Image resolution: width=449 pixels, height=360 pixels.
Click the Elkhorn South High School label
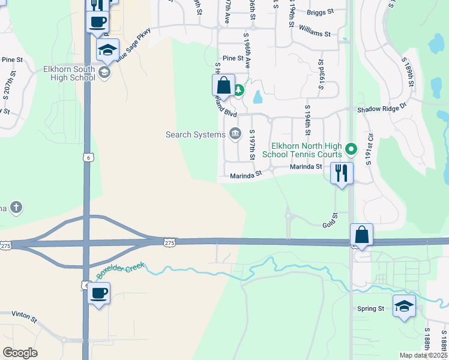69,73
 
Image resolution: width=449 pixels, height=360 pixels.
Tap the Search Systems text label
196,134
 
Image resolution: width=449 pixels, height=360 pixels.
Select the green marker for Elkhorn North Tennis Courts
352,147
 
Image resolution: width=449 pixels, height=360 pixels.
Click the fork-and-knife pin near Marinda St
342,173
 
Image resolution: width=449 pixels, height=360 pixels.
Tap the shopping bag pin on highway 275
362,235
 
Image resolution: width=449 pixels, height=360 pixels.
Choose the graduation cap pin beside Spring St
404,306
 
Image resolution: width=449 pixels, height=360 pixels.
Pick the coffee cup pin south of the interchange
99,293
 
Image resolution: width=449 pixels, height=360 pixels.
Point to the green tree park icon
239,91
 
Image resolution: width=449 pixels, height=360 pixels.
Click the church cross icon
16,208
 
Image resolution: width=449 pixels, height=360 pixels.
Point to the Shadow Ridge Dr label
382,110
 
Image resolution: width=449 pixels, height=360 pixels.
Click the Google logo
20,353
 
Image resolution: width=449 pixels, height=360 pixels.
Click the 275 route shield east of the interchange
169,241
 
